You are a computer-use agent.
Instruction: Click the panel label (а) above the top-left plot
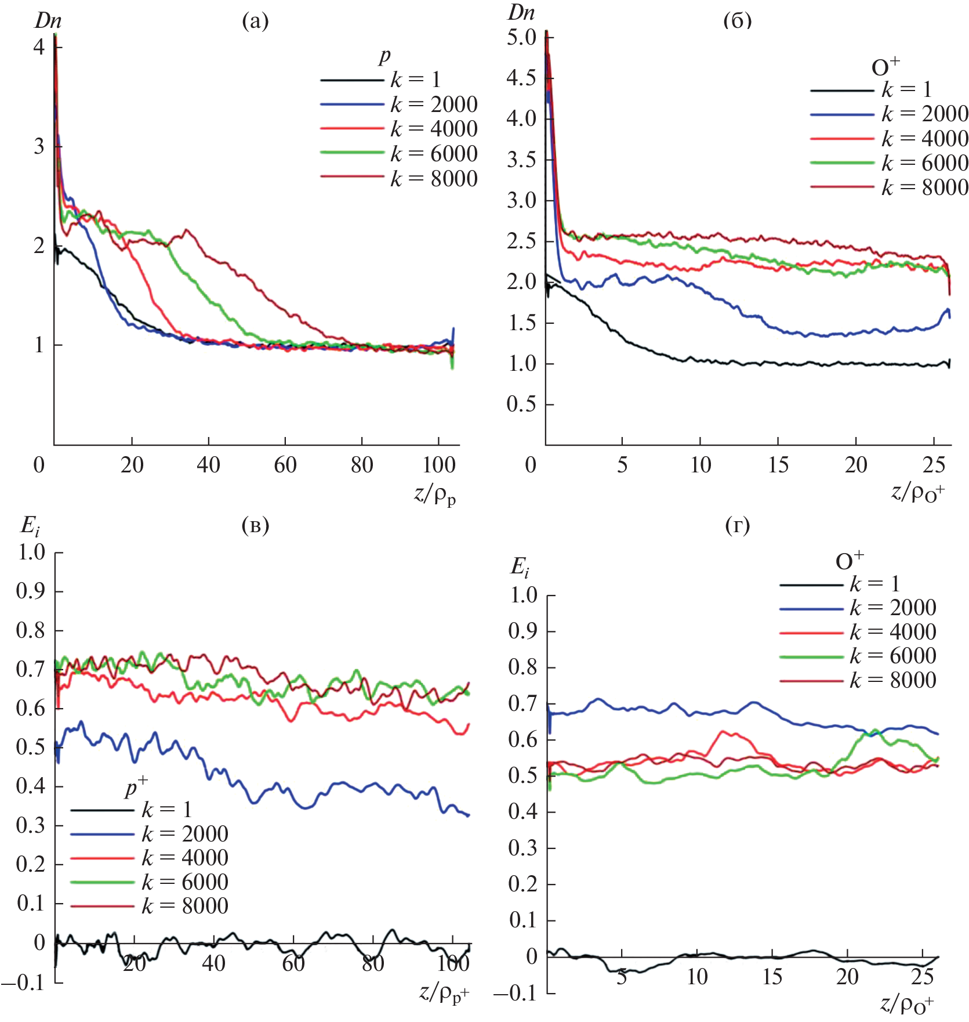coord(255,21)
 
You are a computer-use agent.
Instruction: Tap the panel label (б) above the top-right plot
coord(737,21)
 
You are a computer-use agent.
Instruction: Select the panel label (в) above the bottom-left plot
coord(255,525)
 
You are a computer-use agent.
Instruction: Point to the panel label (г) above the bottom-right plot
coord(737,525)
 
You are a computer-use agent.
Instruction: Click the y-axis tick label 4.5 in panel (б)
coord(521,78)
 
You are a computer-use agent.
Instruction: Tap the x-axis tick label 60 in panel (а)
coord(285,465)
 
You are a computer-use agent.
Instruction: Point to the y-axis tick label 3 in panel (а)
coord(39,146)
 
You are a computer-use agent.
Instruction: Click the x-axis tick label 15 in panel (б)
coord(778,465)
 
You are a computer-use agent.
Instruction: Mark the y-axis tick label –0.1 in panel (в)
coord(23,983)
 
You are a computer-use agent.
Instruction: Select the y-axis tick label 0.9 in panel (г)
coord(523,631)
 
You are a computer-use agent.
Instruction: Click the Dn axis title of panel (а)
coord(48,21)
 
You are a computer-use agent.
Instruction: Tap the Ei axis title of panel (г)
coord(520,567)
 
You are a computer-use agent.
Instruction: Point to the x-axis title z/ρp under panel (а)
coord(435,495)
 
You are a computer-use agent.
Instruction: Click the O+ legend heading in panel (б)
coord(885,67)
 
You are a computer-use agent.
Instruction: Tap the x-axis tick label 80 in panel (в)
coord(373,963)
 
